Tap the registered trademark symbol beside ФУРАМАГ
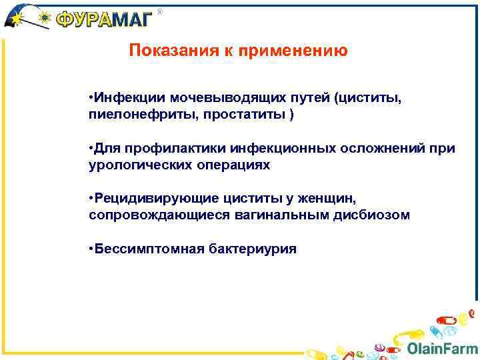pos(159,11)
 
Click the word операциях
pos(235,164)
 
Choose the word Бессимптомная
pos(142,249)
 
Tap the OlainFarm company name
pos(441,348)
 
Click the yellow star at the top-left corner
pos(13,19)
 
